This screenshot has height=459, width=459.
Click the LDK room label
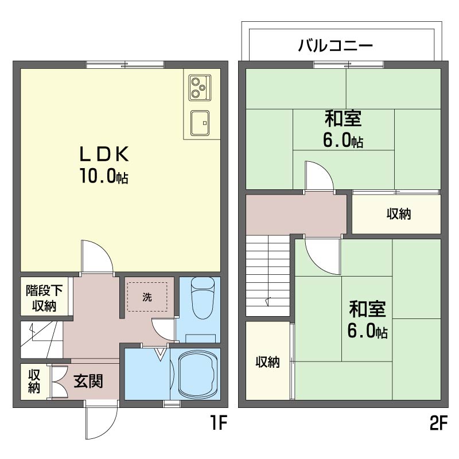tap(104, 154)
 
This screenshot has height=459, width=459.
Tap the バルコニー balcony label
tap(336, 45)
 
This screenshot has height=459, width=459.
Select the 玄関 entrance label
tap(88, 381)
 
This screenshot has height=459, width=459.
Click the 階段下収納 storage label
tap(44, 298)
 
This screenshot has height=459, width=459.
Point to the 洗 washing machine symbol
tap(147, 297)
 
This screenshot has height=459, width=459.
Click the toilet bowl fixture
tap(203, 298)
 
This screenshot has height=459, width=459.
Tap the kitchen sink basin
tap(200, 123)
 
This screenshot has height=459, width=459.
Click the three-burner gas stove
tap(200, 88)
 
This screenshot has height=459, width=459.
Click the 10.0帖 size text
tap(104, 176)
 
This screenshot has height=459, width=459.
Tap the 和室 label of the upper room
tap(343, 119)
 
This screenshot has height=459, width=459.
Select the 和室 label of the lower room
tap(368, 309)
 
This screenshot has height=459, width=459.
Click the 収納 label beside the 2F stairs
tap(267, 362)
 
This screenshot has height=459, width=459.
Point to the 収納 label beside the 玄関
tap(34, 381)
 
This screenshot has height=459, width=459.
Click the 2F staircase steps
tap(268, 276)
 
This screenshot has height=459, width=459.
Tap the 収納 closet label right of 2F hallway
tap(399, 214)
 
